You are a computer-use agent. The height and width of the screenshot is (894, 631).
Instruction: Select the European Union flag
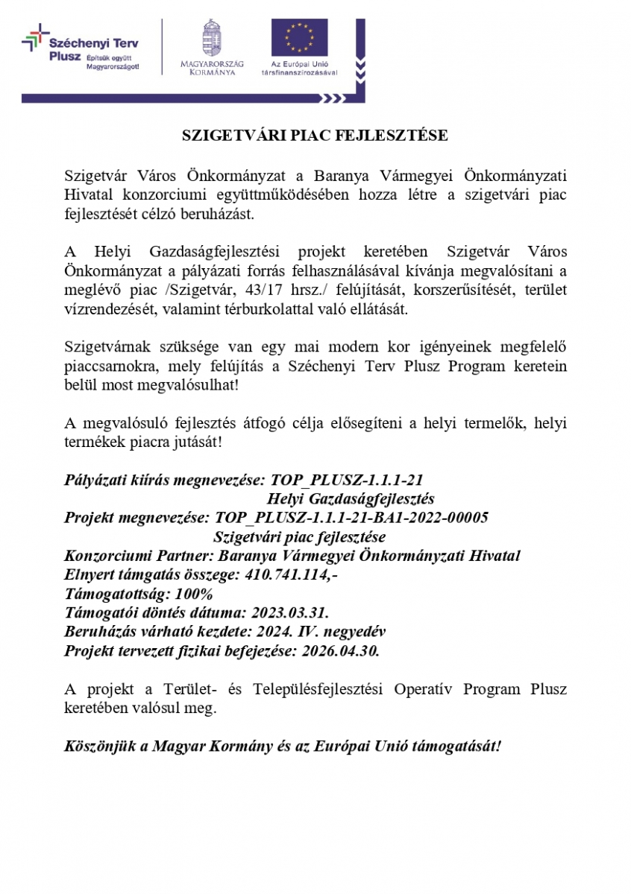point(299,39)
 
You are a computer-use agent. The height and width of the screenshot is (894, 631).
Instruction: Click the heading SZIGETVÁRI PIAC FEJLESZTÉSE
point(315,136)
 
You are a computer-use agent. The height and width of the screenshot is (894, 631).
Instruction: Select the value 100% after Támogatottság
point(194,595)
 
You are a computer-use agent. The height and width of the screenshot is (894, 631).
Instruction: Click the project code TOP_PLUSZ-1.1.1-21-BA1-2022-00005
point(351,518)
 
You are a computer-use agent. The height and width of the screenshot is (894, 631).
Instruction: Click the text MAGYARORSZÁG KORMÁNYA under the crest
point(212,69)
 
